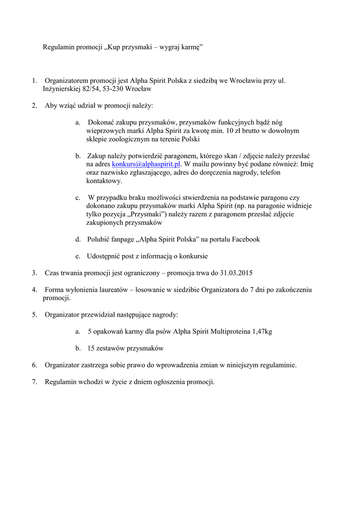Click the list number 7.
(35, 382)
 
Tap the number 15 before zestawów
(91, 348)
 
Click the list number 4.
(35, 290)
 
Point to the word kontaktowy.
(103, 181)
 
